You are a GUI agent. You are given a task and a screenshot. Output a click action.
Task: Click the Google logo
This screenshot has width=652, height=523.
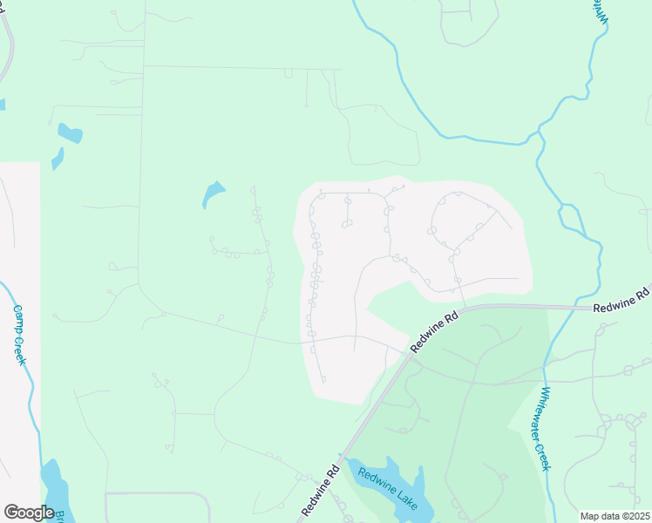point(28,513)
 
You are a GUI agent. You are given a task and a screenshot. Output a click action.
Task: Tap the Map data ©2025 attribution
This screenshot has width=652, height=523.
point(614,516)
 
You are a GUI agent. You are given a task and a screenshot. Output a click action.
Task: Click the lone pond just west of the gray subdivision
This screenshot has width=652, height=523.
point(213,194)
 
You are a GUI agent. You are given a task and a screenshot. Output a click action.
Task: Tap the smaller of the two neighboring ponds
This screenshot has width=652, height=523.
point(58,159)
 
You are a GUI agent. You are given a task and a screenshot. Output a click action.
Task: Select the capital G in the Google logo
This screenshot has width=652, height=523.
point(11,513)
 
